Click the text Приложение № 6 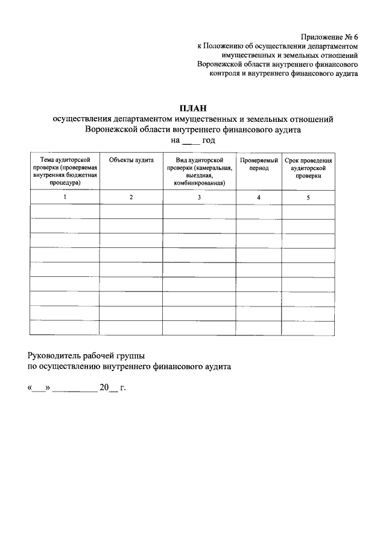pos(329,36)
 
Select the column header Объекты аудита pos(131,160)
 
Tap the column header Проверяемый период pos(259,164)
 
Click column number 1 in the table pos(65,198)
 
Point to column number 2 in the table pos(131,198)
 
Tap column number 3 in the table pos(198,198)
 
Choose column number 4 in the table pos(259,198)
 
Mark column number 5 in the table pos(308,198)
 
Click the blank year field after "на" pos(190,141)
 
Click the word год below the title pos(209,140)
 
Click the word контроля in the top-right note pos(226,74)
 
